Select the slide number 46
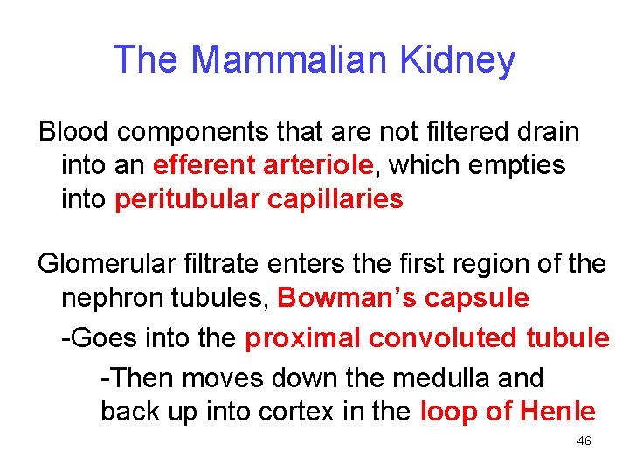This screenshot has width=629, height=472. click(584, 441)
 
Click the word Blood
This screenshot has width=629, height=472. click(73, 132)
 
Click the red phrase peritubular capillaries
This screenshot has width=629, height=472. click(259, 199)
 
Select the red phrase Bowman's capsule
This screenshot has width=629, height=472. click(403, 298)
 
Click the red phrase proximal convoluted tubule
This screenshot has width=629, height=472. click(427, 338)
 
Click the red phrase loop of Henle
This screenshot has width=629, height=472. click(508, 411)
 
